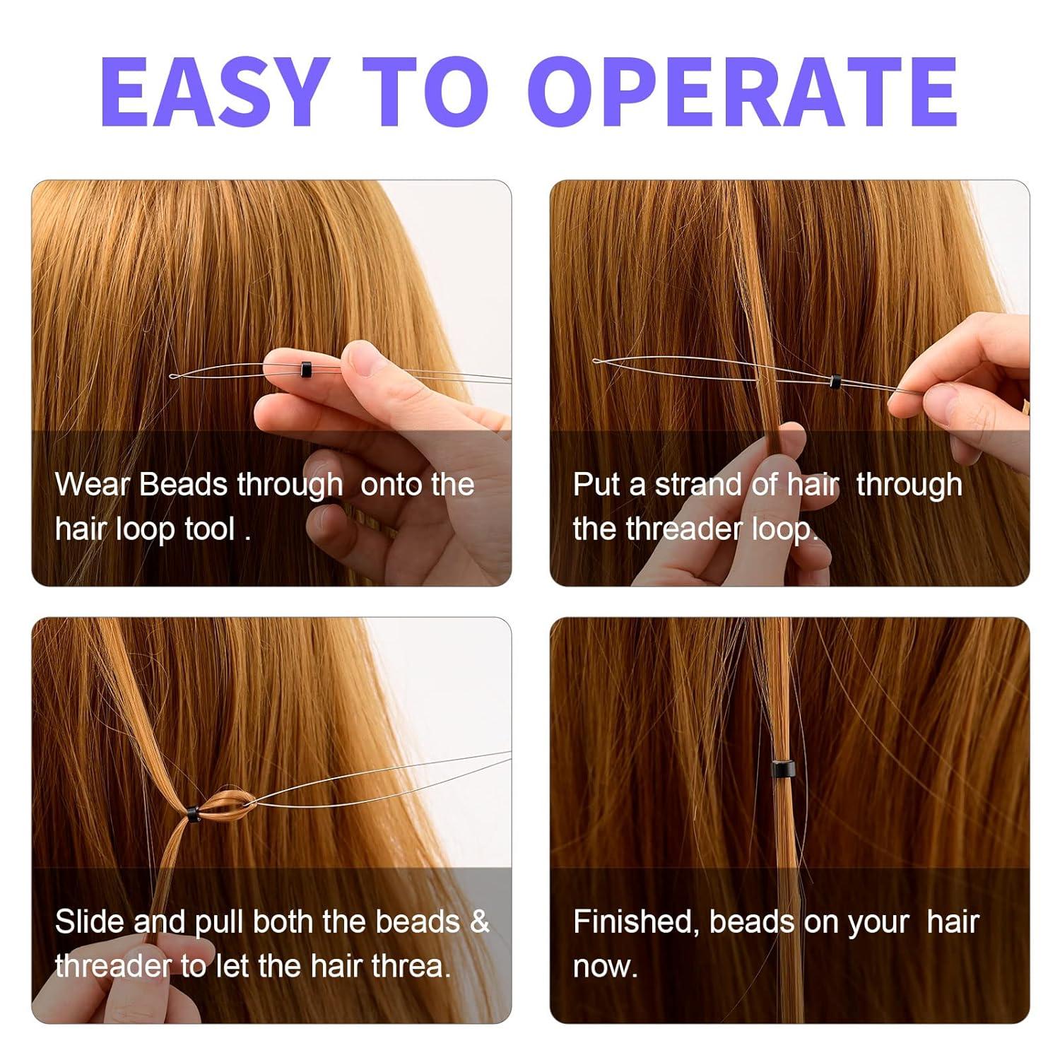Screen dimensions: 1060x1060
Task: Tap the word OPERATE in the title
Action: [741, 92]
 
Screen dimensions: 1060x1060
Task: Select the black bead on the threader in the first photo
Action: [305, 368]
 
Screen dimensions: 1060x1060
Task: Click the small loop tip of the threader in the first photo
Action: [175, 376]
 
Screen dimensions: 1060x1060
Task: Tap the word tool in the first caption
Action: [209, 529]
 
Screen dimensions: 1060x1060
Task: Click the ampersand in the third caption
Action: [479, 921]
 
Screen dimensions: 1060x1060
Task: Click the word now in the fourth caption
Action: [603, 967]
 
